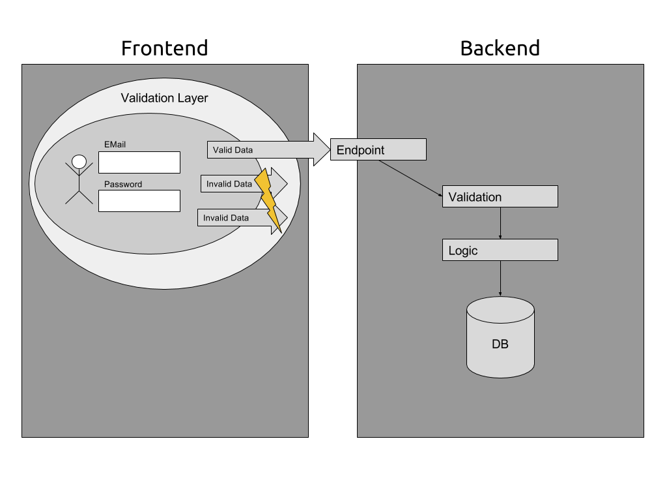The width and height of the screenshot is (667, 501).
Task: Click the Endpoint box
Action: (x=378, y=149)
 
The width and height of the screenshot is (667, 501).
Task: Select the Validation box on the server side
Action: (x=500, y=196)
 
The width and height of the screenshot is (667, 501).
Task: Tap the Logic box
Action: (x=500, y=250)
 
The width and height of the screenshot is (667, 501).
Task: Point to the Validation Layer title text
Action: (x=164, y=99)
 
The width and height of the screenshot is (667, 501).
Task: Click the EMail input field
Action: (x=139, y=162)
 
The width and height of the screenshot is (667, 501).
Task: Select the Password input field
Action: (x=139, y=201)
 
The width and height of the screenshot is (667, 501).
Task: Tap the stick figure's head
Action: (x=79, y=161)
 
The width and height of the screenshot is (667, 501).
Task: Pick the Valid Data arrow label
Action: (x=233, y=150)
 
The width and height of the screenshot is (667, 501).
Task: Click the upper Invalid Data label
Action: (x=229, y=184)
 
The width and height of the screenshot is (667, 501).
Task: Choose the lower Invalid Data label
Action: (x=225, y=218)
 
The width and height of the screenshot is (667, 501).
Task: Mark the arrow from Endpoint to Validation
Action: (x=411, y=177)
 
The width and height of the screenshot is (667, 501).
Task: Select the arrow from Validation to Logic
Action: (x=500, y=223)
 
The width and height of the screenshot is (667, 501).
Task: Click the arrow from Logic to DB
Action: (x=500, y=279)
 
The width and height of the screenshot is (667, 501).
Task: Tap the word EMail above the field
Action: (x=115, y=144)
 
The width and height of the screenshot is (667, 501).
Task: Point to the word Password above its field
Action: (x=122, y=184)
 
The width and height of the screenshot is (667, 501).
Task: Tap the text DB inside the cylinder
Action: (x=500, y=344)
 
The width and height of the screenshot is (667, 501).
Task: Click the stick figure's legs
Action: (x=79, y=197)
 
